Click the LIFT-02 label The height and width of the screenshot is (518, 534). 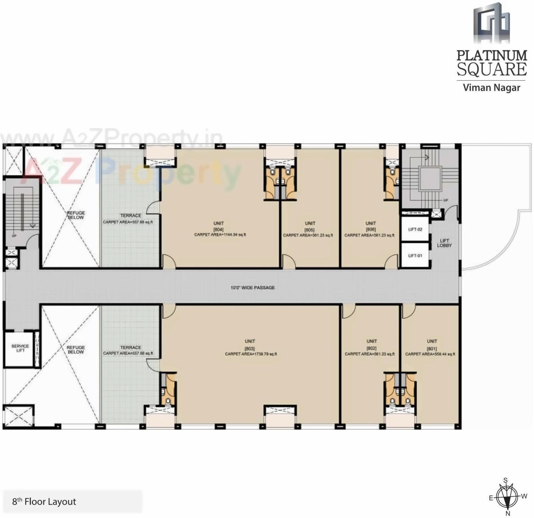pyautogui.click(x=415, y=229)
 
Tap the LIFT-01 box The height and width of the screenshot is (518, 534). pyautogui.click(x=415, y=256)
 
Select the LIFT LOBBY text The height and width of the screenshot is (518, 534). pyautogui.click(x=444, y=243)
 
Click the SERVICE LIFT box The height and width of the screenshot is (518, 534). pyautogui.click(x=20, y=348)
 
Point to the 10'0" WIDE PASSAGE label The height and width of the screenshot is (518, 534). pyautogui.click(x=252, y=288)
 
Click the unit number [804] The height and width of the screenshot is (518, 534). pyautogui.click(x=218, y=229)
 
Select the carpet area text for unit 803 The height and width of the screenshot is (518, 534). pyautogui.click(x=251, y=354)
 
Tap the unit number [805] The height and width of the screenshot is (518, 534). pyautogui.click(x=310, y=229)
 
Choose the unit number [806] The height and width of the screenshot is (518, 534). pyautogui.click(x=371, y=229)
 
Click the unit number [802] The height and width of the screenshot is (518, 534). pyautogui.click(x=371, y=348)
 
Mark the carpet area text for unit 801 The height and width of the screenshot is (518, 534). pyautogui.click(x=430, y=354)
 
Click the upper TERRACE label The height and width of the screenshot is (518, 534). pyautogui.click(x=131, y=216)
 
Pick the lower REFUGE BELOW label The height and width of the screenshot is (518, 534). pyautogui.click(x=76, y=350)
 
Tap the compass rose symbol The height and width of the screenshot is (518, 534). pyautogui.click(x=507, y=497)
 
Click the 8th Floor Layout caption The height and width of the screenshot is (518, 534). pyautogui.click(x=44, y=502)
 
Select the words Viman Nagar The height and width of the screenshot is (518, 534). pyautogui.click(x=491, y=87)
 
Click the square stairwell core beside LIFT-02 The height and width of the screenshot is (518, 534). pyautogui.click(x=430, y=179)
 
